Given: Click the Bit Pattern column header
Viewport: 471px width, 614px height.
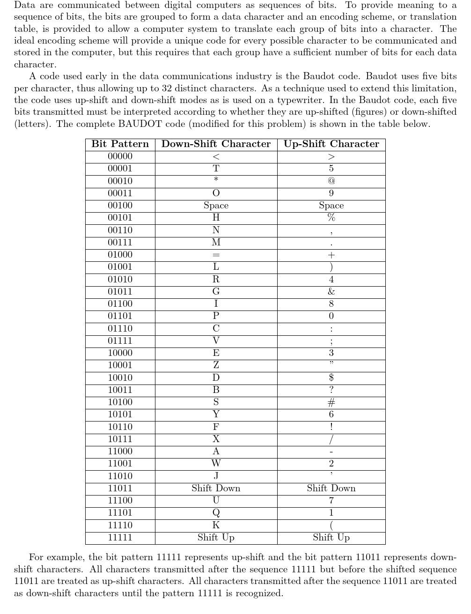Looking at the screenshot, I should (120, 144).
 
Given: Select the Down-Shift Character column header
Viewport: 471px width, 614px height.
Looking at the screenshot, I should (216, 144).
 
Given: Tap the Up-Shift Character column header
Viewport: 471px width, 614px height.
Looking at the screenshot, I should (331, 144).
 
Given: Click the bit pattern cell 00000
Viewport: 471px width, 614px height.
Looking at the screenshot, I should (120, 156).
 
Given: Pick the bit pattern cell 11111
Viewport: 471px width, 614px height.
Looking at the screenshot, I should (120, 538).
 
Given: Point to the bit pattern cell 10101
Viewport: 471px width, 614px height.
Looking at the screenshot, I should (120, 414).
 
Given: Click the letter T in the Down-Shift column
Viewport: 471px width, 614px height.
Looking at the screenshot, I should (216, 169).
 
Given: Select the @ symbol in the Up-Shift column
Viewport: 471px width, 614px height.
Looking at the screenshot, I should (331, 181).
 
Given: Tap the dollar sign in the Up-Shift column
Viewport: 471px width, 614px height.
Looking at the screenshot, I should (331, 377).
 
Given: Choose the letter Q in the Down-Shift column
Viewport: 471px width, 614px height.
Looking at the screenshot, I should (216, 513).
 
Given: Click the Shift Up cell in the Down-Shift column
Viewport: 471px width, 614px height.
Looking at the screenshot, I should (216, 538).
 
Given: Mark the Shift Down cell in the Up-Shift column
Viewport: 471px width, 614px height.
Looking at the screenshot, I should (331, 488).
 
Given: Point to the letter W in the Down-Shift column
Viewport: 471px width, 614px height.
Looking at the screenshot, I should (216, 464).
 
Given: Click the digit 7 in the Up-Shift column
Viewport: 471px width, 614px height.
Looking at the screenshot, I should (331, 501).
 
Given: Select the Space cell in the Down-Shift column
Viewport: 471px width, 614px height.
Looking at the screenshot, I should (216, 206).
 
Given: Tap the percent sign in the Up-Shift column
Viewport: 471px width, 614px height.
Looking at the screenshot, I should (331, 218).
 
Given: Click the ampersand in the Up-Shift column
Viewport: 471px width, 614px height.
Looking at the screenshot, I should (331, 292).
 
